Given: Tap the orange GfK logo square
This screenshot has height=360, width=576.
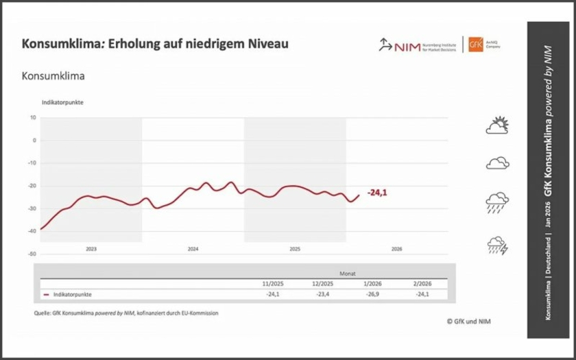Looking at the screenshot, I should [475, 45].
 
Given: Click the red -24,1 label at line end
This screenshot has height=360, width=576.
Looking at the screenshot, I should [377, 193].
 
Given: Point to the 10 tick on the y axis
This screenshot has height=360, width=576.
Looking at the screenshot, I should [33, 117].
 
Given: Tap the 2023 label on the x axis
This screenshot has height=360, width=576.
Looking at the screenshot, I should [91, 249].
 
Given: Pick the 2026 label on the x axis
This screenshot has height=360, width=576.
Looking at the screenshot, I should [396, 249].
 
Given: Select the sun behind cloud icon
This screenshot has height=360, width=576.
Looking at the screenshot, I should [498, 125].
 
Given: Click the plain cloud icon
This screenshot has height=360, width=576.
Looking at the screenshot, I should [497, 163].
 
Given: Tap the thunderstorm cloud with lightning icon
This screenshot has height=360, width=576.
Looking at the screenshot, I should [497, 245].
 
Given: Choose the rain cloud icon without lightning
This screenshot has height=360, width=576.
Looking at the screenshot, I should [497, 203].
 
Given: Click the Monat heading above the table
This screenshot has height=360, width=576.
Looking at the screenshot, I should [348, 272].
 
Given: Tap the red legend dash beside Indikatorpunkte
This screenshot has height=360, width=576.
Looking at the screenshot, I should [46, 294].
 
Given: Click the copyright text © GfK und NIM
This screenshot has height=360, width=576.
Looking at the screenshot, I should [468, 321].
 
